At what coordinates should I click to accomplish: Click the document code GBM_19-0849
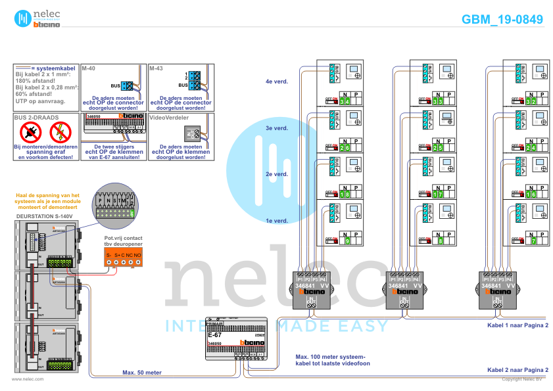point(502,20)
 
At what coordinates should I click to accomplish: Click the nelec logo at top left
point(33,18)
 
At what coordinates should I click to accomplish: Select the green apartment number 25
point(439,148)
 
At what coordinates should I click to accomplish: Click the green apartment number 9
point(347,241)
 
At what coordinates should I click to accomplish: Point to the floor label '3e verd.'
point(276,128)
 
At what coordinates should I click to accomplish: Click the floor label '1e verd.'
point(276,221)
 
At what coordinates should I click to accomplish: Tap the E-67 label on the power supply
point(214,334)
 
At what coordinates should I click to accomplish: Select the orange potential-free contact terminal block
point(124,258)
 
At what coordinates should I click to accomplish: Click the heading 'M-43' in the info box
point(156,68)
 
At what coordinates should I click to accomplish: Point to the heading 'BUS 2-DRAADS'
point(36,118)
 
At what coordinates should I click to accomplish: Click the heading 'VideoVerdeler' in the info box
point(169,118)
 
